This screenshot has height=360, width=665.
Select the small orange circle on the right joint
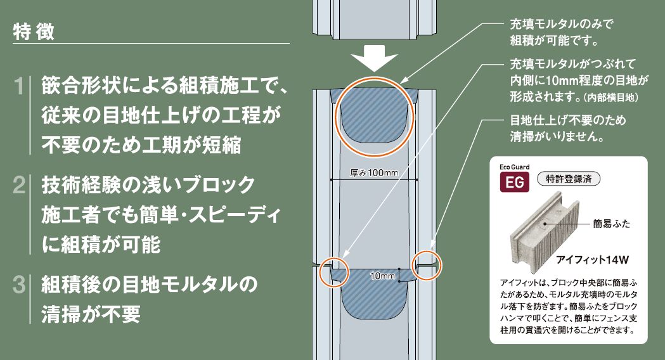(x=427, y=265)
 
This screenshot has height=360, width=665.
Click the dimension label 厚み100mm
(x=374, y=173)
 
